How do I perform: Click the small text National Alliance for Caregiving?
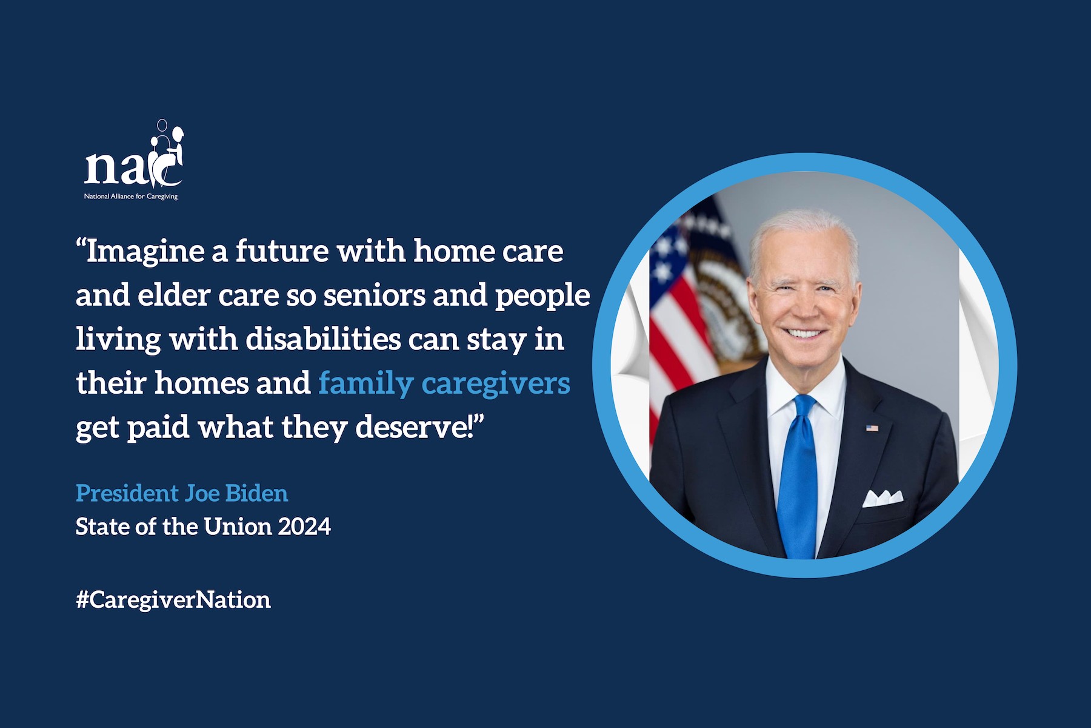[x=131, y=197]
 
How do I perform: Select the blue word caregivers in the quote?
[x=496, y=384]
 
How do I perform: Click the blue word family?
[x=365, y=384]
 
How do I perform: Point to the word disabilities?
[x=322, y=339]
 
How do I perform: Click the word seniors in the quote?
[x=374, y=295]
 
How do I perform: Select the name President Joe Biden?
[x=182, y=493]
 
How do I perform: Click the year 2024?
[x=304, y=527]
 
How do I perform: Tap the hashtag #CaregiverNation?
[x=173, y=600]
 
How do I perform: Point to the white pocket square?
[x=882, y=498]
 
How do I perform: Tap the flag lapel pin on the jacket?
[x=872, y=428]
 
